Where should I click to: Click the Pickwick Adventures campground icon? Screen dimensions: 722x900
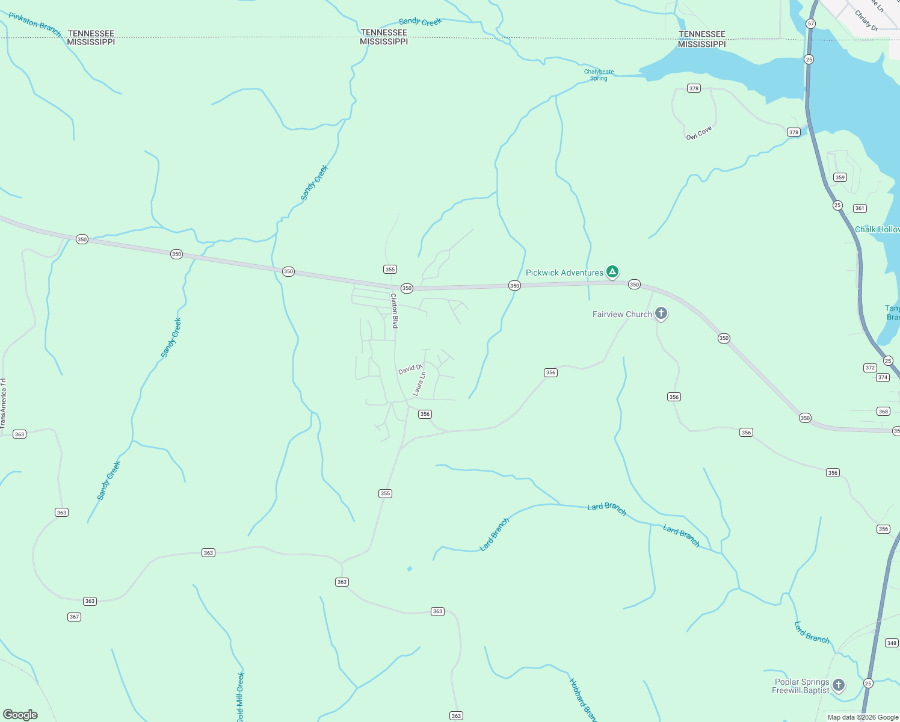tap(612, 273)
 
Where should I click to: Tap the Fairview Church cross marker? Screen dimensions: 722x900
tap(661, 313)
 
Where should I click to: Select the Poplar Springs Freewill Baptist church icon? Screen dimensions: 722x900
tap(838, 685)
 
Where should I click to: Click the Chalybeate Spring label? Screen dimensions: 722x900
tap(599, 75)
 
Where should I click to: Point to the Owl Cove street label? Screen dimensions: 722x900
tap(699, 133)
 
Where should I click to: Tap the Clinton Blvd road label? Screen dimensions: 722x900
tap(395, 310)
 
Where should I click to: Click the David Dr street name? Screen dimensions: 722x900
tap(410, 368)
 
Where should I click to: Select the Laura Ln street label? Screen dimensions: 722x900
tap(419, 383)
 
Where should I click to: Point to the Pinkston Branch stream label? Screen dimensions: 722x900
tap(35, 24)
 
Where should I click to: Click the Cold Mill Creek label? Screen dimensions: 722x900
tap(240, 697)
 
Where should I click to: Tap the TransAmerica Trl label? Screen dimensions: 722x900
tap(3, 403)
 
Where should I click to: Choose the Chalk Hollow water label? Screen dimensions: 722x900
tap(877, 229)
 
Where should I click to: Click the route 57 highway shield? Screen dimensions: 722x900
tap(811, 23)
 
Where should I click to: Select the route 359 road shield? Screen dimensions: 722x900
tap(840, 177)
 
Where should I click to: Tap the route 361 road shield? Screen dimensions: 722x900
tap(860, 208)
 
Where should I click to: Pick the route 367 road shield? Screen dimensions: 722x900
tap(74, 617)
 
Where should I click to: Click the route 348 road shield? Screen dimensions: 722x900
tap(892, 643)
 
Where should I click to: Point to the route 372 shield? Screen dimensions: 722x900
tap(870, 368)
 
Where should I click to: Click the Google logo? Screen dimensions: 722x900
tap(20, 715)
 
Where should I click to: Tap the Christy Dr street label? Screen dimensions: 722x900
tap(866, 20)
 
